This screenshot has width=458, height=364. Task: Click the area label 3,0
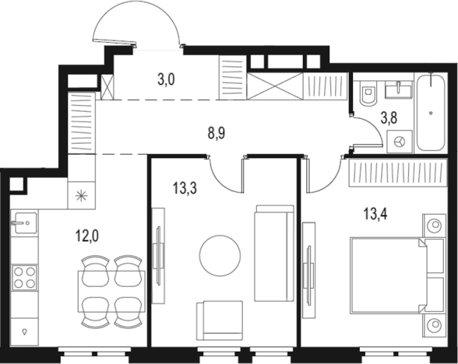tap(166, 79)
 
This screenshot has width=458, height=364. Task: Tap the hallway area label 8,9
tap(217, 134)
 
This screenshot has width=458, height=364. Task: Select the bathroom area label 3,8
tap(389, 118)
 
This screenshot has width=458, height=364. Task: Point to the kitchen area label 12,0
tap(87, 236)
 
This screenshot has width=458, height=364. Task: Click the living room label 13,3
tap(185, 188)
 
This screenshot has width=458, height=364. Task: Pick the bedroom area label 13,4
tap(375, 215)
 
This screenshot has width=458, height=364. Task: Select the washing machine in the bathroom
tap(400, 142)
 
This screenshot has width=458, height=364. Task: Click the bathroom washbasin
tap(399, 90)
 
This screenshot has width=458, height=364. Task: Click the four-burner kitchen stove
tap(25, 278)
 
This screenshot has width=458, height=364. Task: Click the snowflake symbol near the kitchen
tap(82, 195)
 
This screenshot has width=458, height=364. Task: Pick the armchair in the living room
tap(220, 320)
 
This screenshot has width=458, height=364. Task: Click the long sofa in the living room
tap(274, 254)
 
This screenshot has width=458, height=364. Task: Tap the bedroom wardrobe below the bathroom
tap(398, 173)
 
